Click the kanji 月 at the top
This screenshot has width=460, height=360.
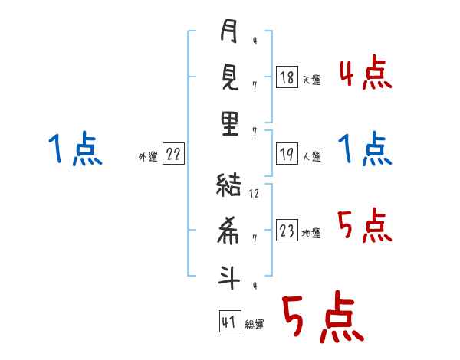[x=228, y=31]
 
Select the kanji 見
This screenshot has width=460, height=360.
[x=230, y=77]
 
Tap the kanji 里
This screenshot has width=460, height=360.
[x=230, y=123]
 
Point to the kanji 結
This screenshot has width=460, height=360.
[x=228, y=185]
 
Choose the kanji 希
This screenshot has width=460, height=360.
[x=228, y=231]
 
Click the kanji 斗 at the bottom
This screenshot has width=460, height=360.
[x=228, y=277]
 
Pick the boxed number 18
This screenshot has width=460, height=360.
[x=287, y=77]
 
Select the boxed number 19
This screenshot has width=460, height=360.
[x=287, y=154]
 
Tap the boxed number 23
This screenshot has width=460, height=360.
[x=287, y=230]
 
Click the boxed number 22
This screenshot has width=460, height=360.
[x=173, y=154]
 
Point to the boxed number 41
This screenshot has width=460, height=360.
[x=230, y=322]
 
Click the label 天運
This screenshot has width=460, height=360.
[x=312, y=80]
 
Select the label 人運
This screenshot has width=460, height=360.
[x=312, y=156]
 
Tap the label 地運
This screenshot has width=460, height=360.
[x=311, y=234]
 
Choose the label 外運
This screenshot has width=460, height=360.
[x=148, y=157]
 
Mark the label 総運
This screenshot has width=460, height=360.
[x=255, y=325]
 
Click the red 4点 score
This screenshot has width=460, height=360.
[x=366, y=72]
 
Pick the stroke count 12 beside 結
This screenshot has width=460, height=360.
[x=254, y=194]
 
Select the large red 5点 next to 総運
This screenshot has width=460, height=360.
[x=324, y=316]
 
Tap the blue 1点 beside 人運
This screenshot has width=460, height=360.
[x=365, y=149]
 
